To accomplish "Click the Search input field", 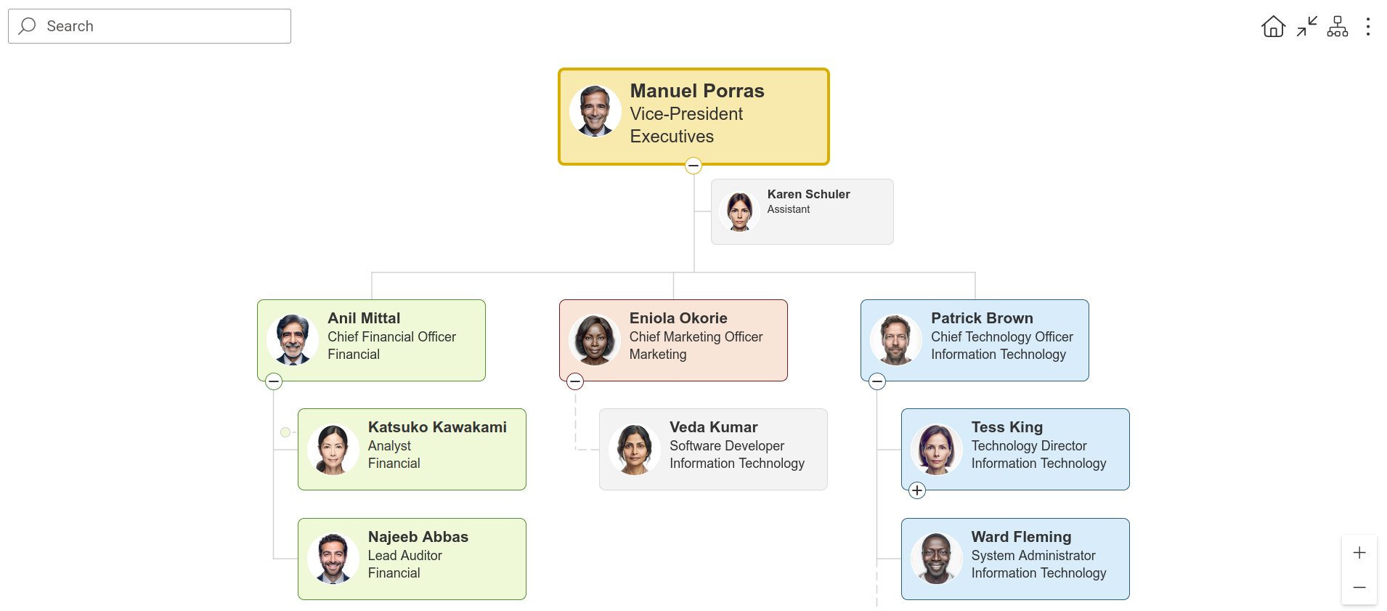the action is click(150, 26).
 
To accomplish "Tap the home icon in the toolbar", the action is click(1273, 27).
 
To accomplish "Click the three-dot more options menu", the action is click(1368, 27).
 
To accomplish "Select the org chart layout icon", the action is click(1338, 27).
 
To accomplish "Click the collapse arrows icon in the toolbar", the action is click(1307, 27).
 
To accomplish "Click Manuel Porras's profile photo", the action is click(595, 111).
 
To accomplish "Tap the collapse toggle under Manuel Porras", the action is click(693, 166).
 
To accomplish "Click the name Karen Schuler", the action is click(808, 194).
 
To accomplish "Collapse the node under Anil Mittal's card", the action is click(274, 381).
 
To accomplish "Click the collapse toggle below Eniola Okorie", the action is click(575, 381).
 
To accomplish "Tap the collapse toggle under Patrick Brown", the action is click(877, 381).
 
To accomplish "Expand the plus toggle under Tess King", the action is click(917, 490).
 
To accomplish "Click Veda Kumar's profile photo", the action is click(635, 450).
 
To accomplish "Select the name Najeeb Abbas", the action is click(418, 537).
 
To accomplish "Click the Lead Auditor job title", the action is click(405, 556).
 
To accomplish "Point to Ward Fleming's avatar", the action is click(937, 559).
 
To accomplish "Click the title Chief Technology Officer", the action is click(1002, 337).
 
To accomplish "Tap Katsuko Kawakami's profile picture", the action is click(333, 450).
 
